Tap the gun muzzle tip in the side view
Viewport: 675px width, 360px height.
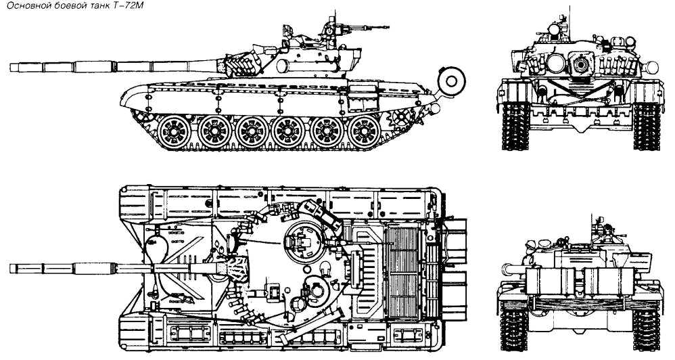coord(11,67)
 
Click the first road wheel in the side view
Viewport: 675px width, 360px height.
coord(174,131)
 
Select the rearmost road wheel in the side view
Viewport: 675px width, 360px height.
coord(364,131)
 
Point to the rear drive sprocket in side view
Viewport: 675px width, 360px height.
coord(401,117)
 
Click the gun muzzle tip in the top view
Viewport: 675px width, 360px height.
coord(11,268)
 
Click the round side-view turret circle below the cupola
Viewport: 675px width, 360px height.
coord(282,66)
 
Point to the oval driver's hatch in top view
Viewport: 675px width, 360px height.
coord(156,250)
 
